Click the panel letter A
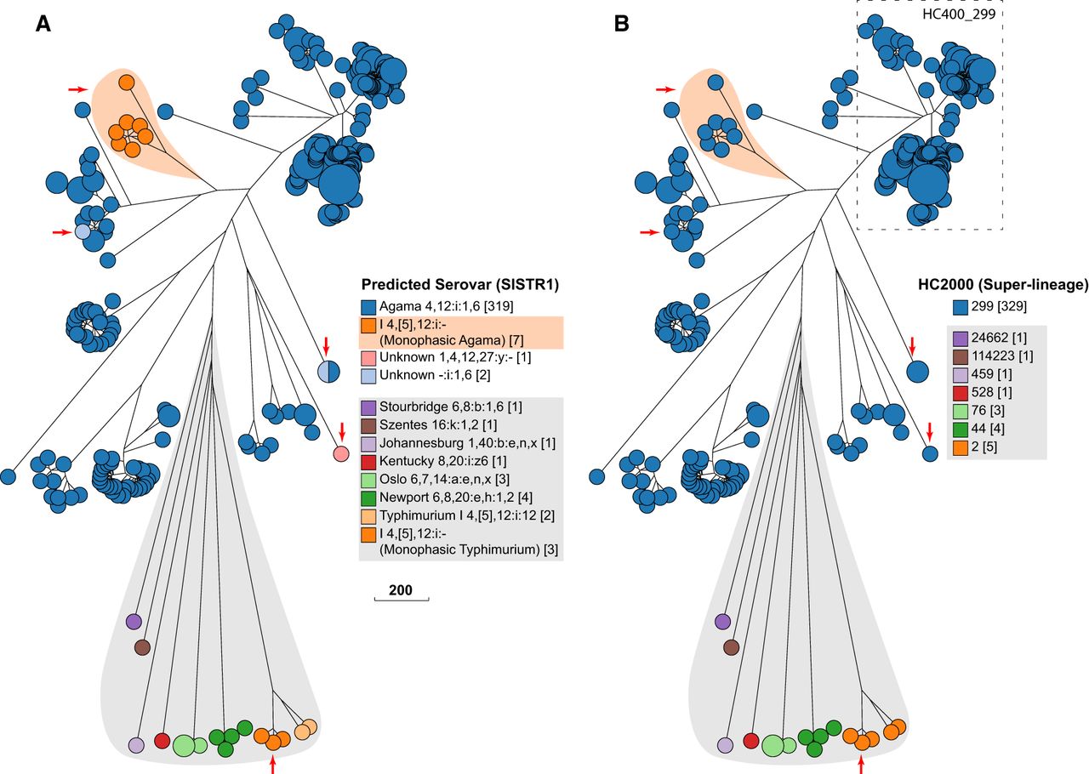pos(43,25)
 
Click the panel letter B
pos(622,25)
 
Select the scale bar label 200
pos(402,589)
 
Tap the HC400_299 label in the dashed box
pos(962,14)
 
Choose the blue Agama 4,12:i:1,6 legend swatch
pos(368,307)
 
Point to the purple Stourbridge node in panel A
pos(133,621)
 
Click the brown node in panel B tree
pos(731,648)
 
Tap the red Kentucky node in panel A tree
pos(162,740)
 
